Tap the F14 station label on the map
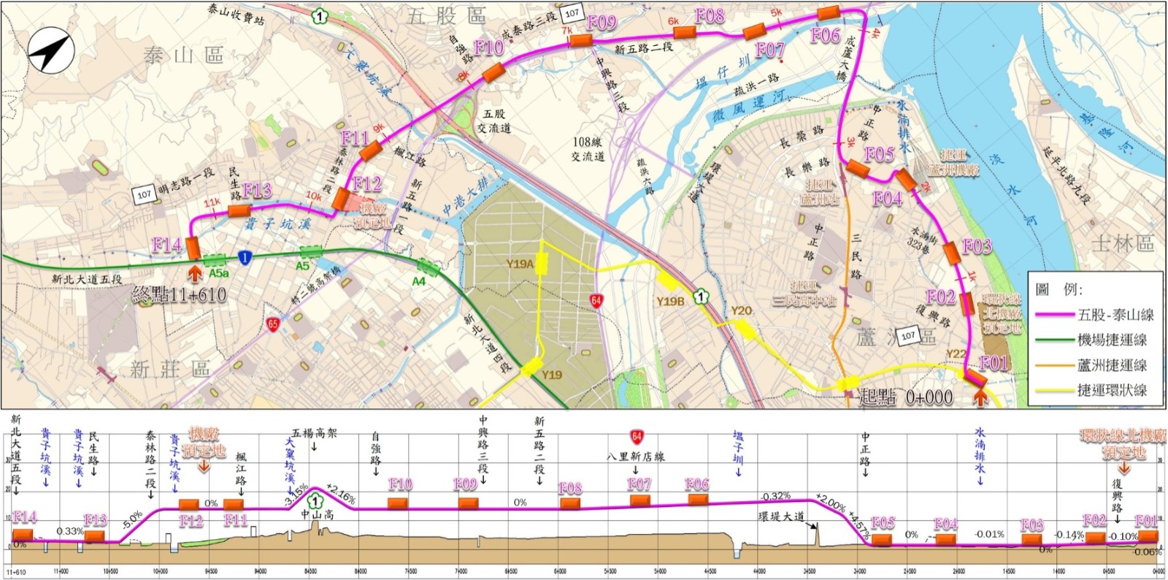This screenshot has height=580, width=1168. [166, 245]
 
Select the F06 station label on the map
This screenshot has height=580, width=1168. [826, 35]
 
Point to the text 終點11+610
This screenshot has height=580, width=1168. [180, 295]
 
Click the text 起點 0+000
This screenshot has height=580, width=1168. [905, 397]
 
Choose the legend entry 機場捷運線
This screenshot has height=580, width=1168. [1112, 340]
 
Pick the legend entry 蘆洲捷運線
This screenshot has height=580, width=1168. [1112, 365]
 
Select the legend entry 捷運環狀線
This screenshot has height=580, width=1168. [1112, 390]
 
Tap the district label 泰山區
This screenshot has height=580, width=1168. [183, 55]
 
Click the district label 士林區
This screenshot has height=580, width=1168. [1123, 243]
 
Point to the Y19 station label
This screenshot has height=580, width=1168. [552, 375]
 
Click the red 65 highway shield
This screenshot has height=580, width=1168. [273, 324]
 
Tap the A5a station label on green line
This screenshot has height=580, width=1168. [218, 273]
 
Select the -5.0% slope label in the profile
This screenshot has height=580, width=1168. [131, 522]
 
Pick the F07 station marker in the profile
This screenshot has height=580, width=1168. [639, 500]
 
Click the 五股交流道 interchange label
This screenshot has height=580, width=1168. [494, 121]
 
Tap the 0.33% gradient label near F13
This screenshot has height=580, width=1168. [70, 531]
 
